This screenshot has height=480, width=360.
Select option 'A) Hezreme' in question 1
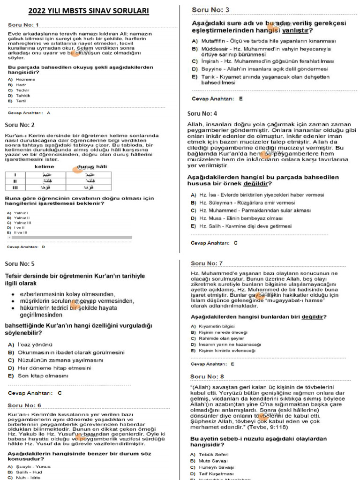pos(22,80)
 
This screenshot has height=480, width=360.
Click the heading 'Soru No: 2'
pos(20,125)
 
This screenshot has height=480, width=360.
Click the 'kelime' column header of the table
pos(45,166)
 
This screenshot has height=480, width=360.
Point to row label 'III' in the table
pos(15,187)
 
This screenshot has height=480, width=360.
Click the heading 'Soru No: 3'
pos(210,10)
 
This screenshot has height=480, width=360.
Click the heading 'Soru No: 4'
pos(202,113)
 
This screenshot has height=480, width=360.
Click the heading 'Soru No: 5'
pos(20,264)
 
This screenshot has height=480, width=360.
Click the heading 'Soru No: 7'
pos(207,263)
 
